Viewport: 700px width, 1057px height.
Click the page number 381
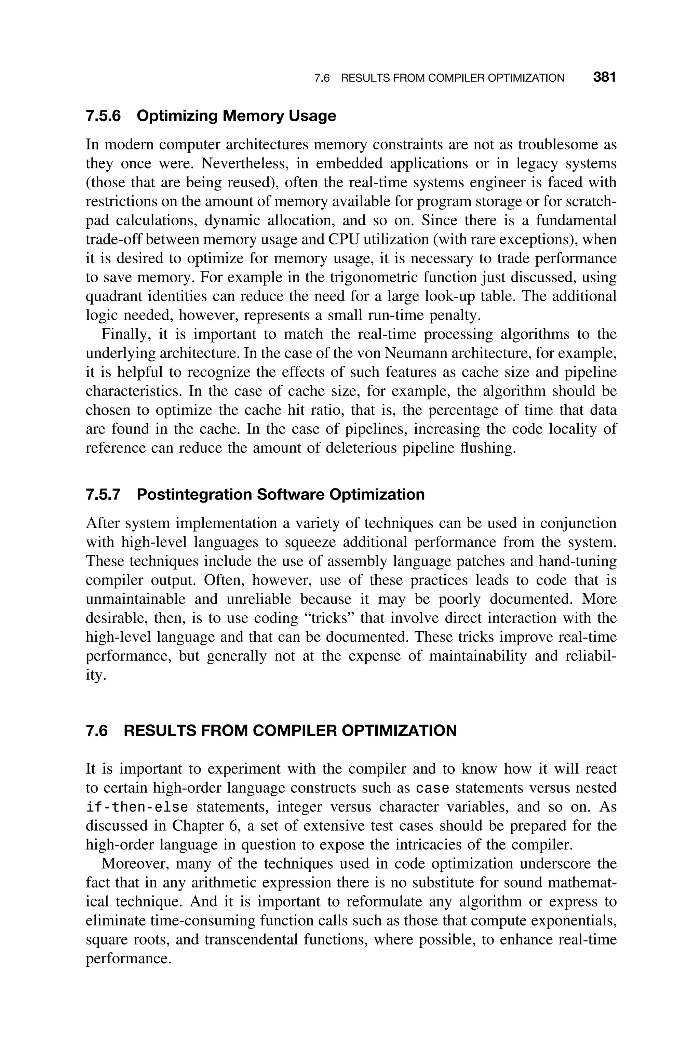[604, 77]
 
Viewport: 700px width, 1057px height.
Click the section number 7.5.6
[103, 116]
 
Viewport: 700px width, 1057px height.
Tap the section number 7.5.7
[103, 495]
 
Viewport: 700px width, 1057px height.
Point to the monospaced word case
[432, 789]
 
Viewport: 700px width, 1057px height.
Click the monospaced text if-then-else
[137, 807]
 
